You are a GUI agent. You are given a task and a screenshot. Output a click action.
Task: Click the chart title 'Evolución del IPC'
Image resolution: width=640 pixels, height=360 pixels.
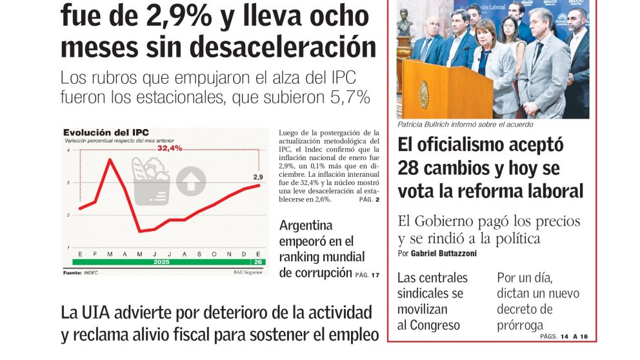coord(101,132)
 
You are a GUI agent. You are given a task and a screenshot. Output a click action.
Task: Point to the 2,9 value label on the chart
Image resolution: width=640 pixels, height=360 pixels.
coord(257,177)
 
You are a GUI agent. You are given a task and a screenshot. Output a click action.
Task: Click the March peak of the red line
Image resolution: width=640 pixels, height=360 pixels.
coord(110,159)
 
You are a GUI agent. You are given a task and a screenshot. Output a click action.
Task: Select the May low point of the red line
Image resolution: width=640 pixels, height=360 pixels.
coord(140,230)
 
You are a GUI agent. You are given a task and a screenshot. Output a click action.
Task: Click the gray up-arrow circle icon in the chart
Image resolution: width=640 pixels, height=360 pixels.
coord(191,181)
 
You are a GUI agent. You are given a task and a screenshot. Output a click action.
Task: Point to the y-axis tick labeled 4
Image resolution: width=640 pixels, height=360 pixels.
coord(68,150)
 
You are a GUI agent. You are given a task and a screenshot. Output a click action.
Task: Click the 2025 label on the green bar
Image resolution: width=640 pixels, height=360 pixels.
coord(161,263)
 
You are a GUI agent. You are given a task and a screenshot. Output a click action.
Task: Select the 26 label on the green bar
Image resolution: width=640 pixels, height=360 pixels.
coord(258,263)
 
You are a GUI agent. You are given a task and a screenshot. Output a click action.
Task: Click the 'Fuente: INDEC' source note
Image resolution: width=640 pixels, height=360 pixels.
coord(80,273)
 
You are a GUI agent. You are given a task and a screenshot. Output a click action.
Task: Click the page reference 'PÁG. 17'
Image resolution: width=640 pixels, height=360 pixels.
coord(367,275)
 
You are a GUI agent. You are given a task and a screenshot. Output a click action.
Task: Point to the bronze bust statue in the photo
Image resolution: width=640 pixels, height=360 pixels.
coord(405,26)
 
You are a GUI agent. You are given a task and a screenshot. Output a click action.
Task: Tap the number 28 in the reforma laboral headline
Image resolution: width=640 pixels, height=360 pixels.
coord(409,168)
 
